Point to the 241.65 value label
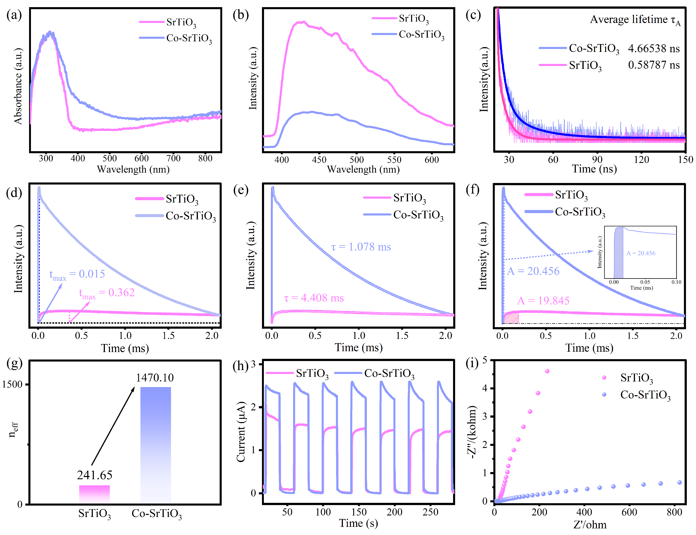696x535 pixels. tap(95, 475)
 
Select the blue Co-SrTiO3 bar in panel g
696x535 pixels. tap(156, 446)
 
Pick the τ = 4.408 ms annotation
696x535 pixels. tap(314, 298)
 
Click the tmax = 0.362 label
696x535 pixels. tap(107, 293)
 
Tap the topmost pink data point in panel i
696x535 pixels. tap(547, 371)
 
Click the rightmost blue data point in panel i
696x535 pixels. tap(679, 482)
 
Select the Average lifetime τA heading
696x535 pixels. tap(635, 20)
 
